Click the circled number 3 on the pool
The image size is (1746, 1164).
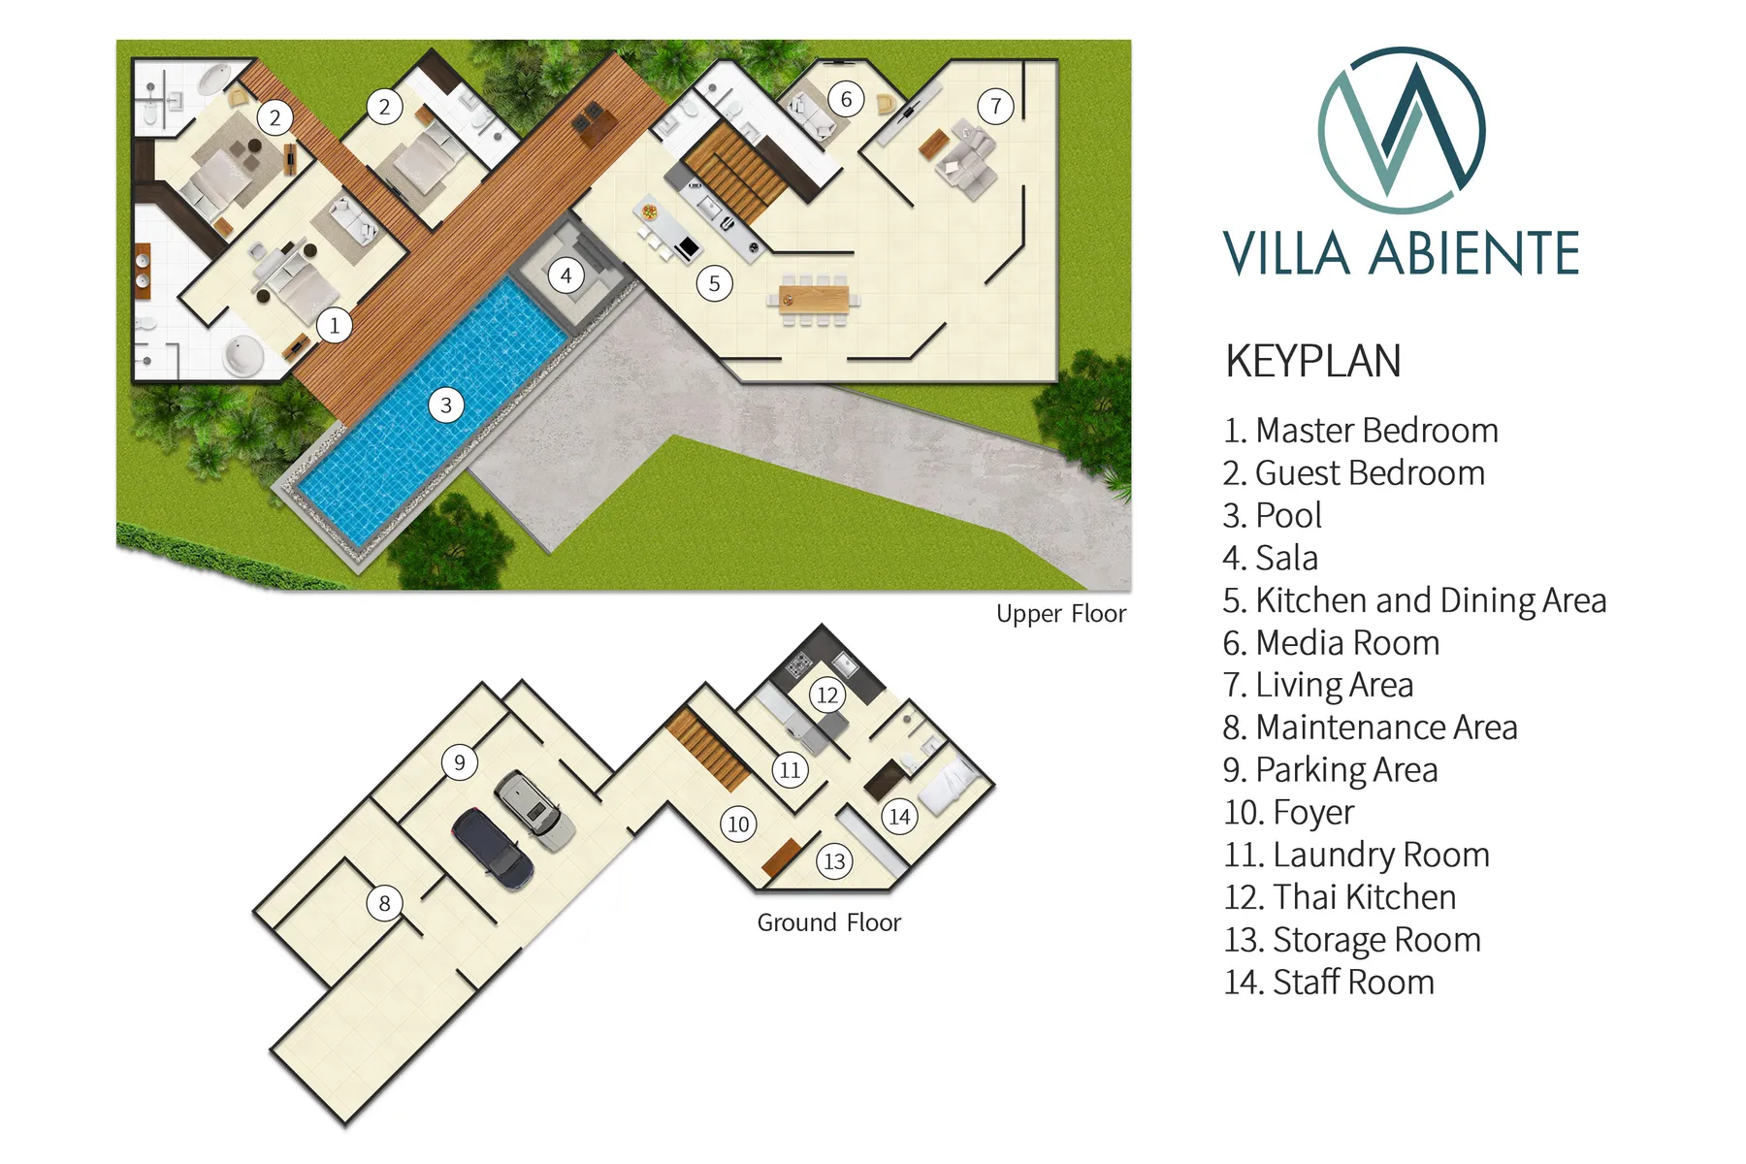pos(446,405)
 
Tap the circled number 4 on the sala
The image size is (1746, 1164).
pos(566,276)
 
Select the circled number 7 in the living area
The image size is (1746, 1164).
pos(996,106)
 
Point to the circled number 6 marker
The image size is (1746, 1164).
pos(847,99)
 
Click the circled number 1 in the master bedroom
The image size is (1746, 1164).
pos(335,325)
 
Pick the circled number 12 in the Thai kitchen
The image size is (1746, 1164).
pos(827,695)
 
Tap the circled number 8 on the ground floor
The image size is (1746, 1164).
pos(384,903)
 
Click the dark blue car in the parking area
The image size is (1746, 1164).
pos(493,848)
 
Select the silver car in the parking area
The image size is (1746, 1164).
pos(534,810)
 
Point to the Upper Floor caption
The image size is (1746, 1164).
pos(1061,614)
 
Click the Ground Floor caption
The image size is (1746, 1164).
pos(829,922)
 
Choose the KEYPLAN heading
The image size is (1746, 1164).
pos(1313,361)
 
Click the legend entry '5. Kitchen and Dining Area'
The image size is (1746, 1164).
pos(1415,601)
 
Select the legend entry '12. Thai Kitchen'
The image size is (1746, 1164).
pos(1341,897)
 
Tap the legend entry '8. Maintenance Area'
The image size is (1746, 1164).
pos(1371,727)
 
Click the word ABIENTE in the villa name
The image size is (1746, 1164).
pos(1474,254)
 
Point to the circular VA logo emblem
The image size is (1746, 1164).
pos(1402,130)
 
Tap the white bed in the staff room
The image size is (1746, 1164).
pos(947,786)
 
